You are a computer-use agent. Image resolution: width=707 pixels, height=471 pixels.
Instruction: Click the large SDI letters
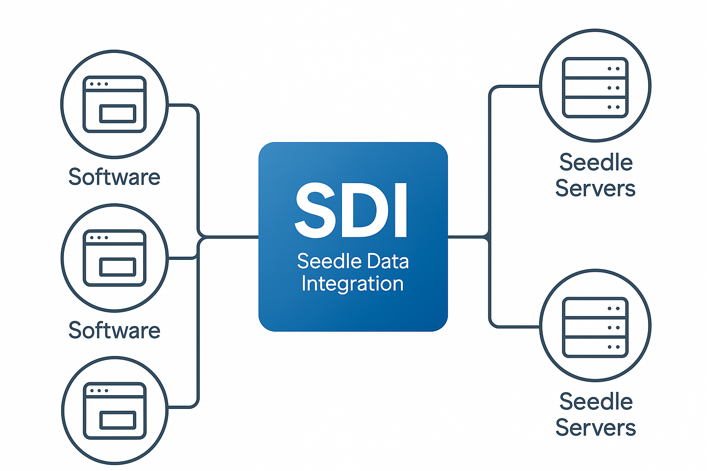[351, 210]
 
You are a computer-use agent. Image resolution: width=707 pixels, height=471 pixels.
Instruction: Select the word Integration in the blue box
[353, 283]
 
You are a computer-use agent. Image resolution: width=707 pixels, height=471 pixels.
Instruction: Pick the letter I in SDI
[401, 210]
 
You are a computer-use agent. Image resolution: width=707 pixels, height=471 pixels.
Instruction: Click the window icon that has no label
[115, 410]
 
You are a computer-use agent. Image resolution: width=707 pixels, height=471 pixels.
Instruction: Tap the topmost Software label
[114, 177]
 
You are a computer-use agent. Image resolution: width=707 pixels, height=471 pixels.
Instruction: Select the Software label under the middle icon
[114, 330]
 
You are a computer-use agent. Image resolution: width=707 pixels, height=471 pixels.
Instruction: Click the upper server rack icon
[595, 87]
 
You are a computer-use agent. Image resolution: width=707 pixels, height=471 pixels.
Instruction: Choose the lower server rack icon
[595, 327]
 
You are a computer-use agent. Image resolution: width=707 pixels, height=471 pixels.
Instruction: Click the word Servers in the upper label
[595, 189]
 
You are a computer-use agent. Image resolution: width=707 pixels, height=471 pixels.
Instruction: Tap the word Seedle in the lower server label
[596, 402]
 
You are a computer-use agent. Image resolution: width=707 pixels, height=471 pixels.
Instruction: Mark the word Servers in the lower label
[596, 428]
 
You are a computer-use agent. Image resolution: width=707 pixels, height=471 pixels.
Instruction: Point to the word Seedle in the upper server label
[596, 162]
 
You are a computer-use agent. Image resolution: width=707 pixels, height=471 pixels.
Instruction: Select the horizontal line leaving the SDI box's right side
[467, 237]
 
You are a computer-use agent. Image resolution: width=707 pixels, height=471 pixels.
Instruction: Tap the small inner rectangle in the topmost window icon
[117, 114]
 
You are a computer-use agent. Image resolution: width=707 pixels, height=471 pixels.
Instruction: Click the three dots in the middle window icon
[99, 238]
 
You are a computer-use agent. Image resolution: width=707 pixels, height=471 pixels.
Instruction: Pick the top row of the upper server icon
[595, 69]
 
